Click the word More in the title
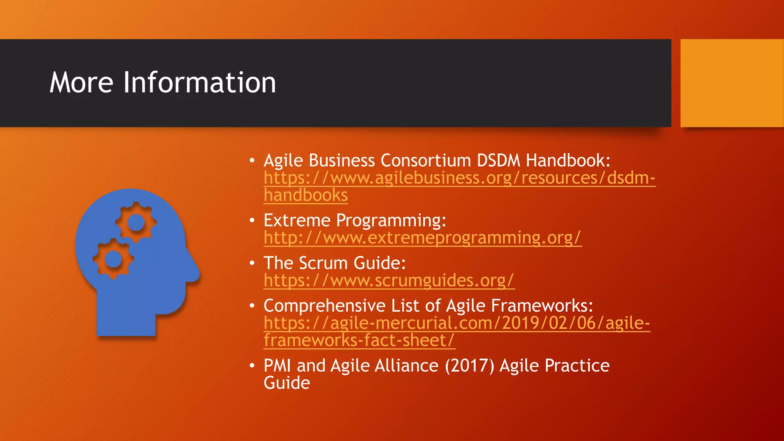point(82,83)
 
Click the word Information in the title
point(199,83)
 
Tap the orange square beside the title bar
point(732,83)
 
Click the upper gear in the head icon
point(136,222)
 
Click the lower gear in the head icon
point(113,259)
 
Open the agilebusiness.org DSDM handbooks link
point(459,178)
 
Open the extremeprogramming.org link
point(422,238)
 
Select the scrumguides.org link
point(389,281)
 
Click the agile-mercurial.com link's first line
point(456,323)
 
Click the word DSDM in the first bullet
point(498,160)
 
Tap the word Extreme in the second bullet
point(297,220)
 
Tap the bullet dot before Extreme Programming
point(252,220)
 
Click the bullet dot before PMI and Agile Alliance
point(252,366)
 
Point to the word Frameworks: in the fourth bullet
point(542,306)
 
